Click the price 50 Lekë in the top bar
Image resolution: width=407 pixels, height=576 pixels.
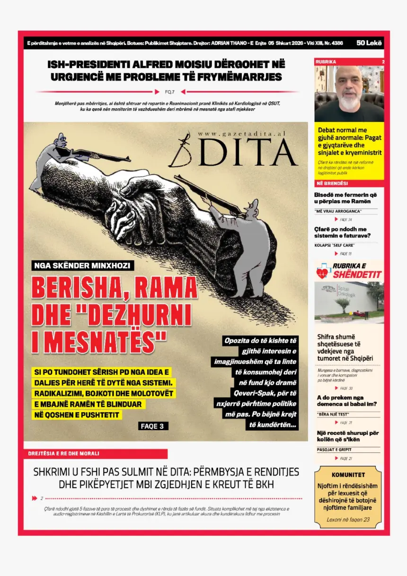(370, 43)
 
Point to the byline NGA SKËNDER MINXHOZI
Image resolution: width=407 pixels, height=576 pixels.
(82, 266)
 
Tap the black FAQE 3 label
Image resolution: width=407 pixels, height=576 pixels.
(152, 426)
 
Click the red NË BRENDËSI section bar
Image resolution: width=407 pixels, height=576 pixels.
(349, 184)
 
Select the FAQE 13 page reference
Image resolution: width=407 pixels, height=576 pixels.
(346, 254)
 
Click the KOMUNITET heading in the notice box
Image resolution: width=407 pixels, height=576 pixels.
(348, 475)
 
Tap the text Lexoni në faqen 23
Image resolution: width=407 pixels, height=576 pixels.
(348, 519)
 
